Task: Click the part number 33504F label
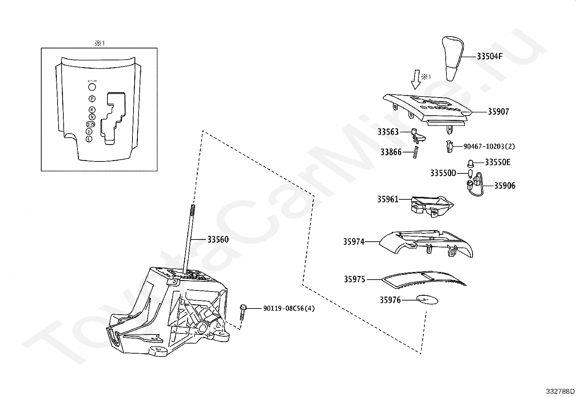pos(490,56)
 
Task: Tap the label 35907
pos(498,112)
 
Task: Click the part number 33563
pos(388,132)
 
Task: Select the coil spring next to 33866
pos(416,152)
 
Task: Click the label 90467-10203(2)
pos(489,146)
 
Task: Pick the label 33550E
pos(497,162)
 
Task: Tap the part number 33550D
pos(443,173)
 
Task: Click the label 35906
pos(505,186)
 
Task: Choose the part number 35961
pos(387,199)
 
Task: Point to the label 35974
pos(354,241)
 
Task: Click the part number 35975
pos(354,279)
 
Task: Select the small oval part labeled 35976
pos(428,300)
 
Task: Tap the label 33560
pos(218,239)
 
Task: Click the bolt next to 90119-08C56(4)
pos(243,312)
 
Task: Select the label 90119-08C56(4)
pos(289,308)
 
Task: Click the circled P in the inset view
pos(92,99)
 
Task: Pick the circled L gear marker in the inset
pos(89,139)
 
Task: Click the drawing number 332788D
pos(560,391)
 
